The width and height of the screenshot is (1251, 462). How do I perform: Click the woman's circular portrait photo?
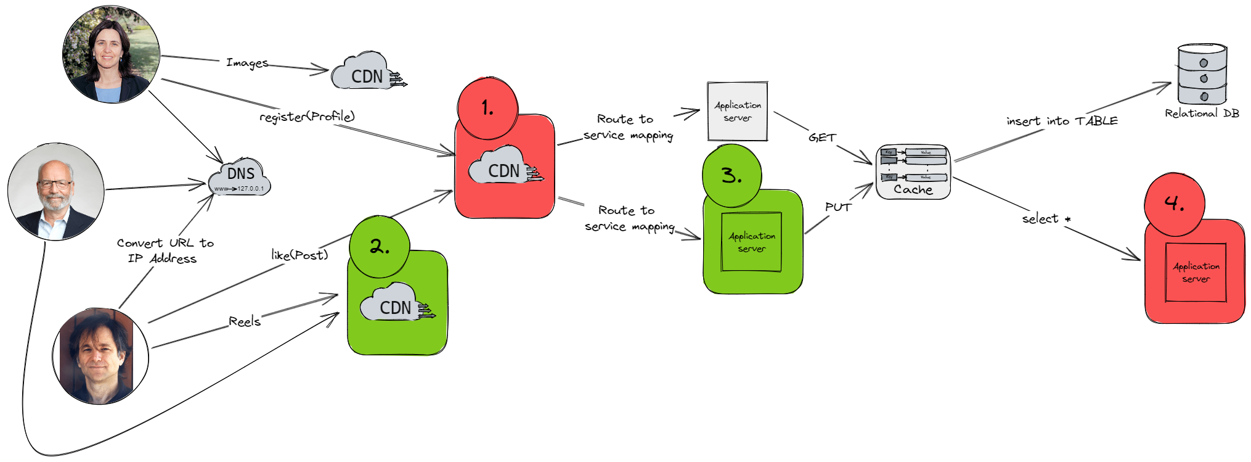(112, 54)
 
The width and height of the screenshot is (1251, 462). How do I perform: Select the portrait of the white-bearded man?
(56, 192)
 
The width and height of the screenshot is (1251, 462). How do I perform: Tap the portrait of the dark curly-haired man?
(97, 356)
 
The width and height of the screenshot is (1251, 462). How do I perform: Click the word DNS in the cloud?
(241, 174)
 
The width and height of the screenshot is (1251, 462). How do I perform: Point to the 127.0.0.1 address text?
(250, 189)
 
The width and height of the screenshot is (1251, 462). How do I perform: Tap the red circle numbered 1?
(487, 109)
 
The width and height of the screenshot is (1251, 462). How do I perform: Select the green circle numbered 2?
(379, 247)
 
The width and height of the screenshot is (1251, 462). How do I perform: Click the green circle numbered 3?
(731, 176)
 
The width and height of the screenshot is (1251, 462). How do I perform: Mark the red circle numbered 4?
(1175, 204)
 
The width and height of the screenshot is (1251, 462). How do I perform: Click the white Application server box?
(737, 112)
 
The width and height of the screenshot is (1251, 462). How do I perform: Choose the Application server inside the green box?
(751, 242)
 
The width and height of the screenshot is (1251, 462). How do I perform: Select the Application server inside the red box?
(1196, 272)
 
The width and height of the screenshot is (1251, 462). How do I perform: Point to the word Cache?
(913, 190)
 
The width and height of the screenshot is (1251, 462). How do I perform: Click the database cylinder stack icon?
(1202, 74)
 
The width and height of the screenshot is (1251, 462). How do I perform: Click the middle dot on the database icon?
(1204, 78)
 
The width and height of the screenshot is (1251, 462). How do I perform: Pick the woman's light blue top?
(108, 94)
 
